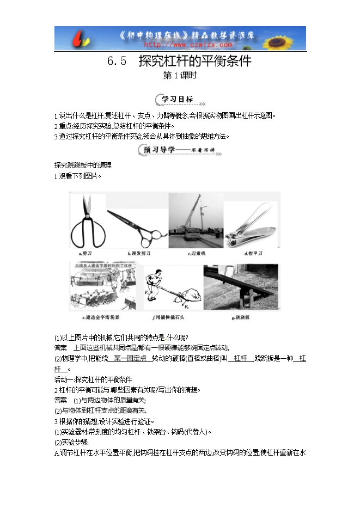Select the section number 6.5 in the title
(x=117, y=62)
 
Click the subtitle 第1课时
(x=180, y=76)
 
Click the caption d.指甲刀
(x=254, y=254)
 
